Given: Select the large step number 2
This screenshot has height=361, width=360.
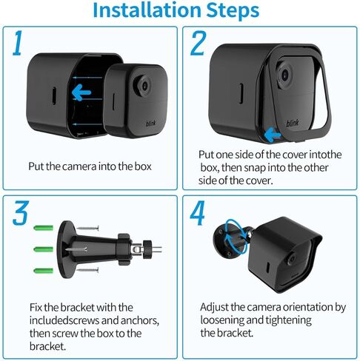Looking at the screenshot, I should [197, 45].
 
